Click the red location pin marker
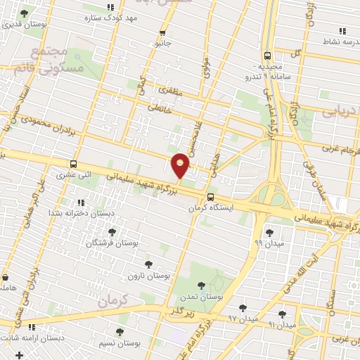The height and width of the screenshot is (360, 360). [x=181, y=165]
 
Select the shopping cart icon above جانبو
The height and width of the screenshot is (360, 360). [x=163, y=32]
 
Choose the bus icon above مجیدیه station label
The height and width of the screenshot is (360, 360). [x=267, y=56]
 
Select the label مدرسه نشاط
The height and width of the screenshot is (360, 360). [x=338, y=41]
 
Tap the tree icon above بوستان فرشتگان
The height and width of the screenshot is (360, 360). [x=111, y=232]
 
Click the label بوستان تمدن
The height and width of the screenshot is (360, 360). [x=202, y=297]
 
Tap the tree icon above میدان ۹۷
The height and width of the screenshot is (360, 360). [x=243, y=308]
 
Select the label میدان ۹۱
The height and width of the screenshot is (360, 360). [x=282, y=325]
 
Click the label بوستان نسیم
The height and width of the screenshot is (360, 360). [x=123, y=342]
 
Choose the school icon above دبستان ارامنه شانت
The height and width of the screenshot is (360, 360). [x=32, y=327]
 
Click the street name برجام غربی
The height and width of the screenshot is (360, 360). [x=341, y=148]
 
